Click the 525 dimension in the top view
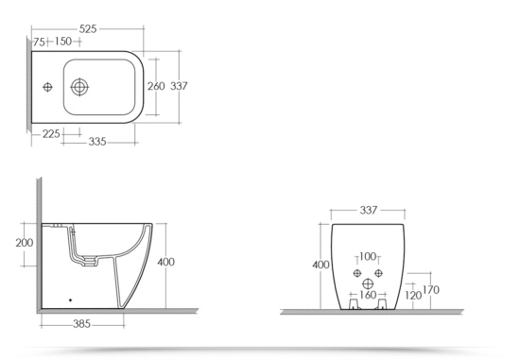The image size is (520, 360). coord(88,29)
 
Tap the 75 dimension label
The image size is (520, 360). coord(39,43)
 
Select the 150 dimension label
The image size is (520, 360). coord(63,42)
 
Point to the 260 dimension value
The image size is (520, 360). coord(156,86)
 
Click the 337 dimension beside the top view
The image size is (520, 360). coord(179,86)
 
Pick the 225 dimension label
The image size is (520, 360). coord(51,134)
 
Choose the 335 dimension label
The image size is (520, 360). coord(97,142)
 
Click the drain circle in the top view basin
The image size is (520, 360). coord(79,87)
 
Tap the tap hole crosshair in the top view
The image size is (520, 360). coord(48,87)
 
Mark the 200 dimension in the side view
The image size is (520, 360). coord(25,243)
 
